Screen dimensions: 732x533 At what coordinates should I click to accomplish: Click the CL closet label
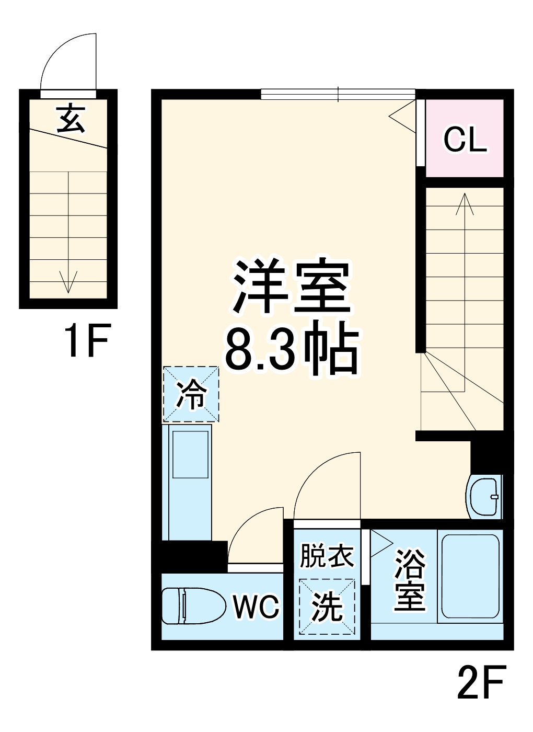pyautogui.click(x=465, y=140)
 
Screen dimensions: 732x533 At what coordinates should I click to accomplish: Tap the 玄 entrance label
pyautogui.click(x=70, y=118)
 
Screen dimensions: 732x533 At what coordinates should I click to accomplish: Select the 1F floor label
pyautogui.click(x=86, y=341)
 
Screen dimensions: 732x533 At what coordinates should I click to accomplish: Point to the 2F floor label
pyautogui.click(x=481, y=682)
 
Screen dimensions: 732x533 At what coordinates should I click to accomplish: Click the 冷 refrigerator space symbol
pyautogui.click(x=191, y=394)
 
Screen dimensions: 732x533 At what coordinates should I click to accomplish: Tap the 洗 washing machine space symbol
pyautogui.click(x=327, y=607)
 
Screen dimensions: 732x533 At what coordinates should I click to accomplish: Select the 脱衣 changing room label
pyautogui.click(x=327, y=556)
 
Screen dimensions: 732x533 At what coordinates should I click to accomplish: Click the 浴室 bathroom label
pyautogui.click(x=410, y=579)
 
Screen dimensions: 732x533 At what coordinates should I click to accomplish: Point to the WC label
pyautogui.click(x=256, y=607)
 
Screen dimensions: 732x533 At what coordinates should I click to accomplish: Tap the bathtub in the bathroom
pyautogui.click(x=470, y=576)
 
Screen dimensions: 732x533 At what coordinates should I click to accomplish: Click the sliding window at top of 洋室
pyautogui.click(x=338, y=94)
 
